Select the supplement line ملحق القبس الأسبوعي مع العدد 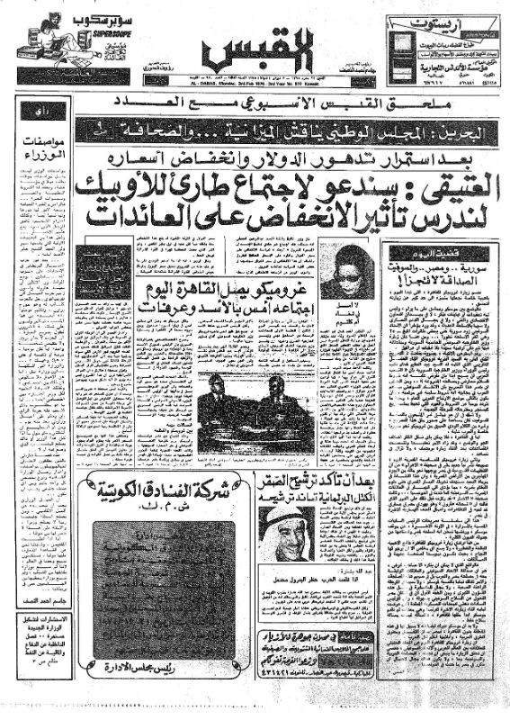(x=255, y=109)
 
